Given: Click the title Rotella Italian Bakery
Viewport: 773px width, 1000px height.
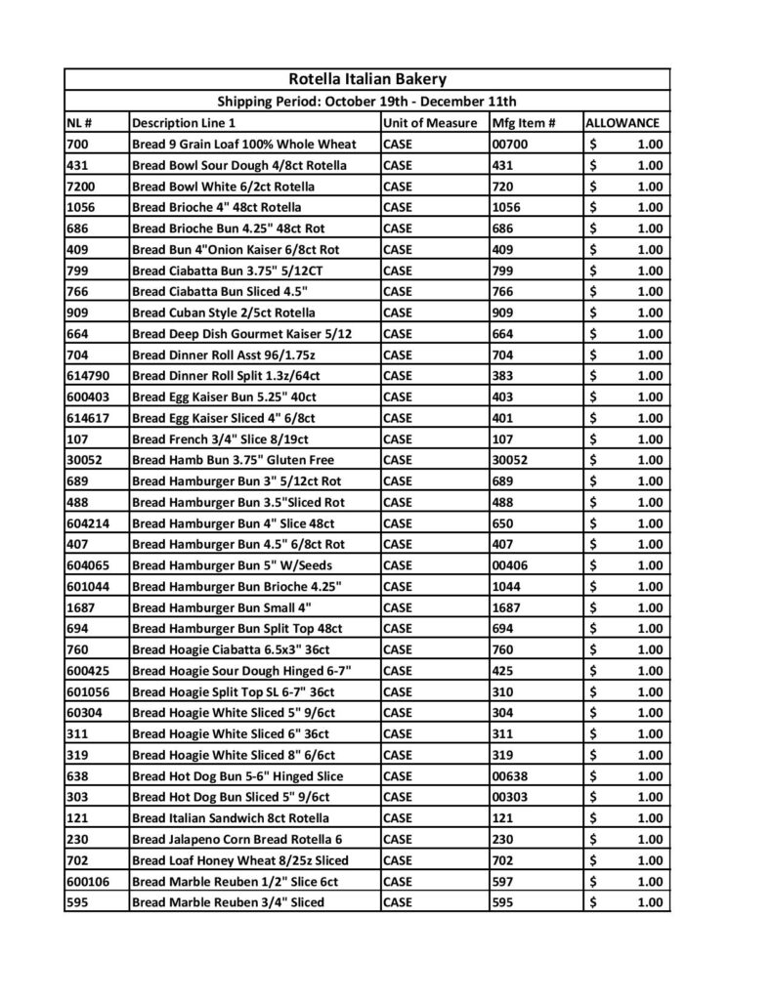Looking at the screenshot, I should [367, 79].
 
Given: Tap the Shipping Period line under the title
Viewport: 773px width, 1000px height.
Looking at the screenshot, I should [366, 102].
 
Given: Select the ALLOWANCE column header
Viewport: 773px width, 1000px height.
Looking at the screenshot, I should [622, 123].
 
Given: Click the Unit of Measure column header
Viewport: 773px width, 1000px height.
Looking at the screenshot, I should [430, 123].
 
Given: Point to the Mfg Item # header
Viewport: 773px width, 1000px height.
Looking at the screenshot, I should [524, 123].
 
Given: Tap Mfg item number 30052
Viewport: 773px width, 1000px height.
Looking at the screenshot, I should [511, 460].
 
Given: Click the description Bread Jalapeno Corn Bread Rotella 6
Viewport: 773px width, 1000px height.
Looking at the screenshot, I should [237, 839].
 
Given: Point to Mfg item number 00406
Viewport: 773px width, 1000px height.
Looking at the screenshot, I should [511, 565].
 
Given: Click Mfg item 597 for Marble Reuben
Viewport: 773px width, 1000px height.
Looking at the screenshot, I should [503, 882].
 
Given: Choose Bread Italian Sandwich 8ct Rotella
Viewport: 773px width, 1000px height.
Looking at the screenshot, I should [230, 818].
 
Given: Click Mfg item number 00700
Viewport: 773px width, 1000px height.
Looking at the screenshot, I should [511, 144].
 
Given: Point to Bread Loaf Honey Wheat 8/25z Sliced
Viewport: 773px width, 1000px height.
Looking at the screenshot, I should [239, 860].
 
